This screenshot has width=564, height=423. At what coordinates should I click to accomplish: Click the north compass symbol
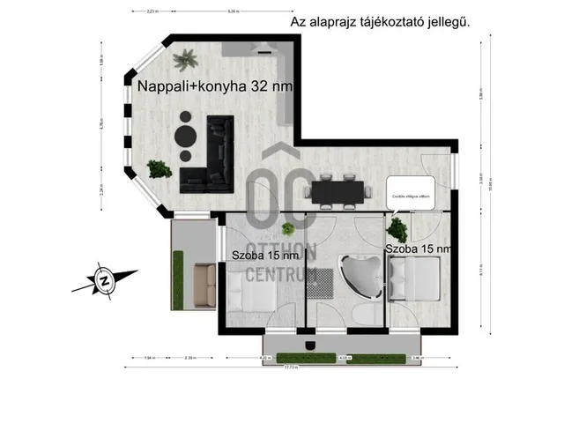tap(104, 281)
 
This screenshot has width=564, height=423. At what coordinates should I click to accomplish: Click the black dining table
tap(336, 189)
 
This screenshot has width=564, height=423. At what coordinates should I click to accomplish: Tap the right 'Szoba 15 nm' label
tap(419, 249)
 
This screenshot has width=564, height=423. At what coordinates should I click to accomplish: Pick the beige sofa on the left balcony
tap(205, 281)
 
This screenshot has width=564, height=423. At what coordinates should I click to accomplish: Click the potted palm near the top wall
tap(185, 61)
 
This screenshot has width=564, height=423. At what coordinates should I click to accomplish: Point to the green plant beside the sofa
tap(159, 167)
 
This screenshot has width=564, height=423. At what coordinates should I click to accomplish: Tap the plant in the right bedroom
tap(397, 228)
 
